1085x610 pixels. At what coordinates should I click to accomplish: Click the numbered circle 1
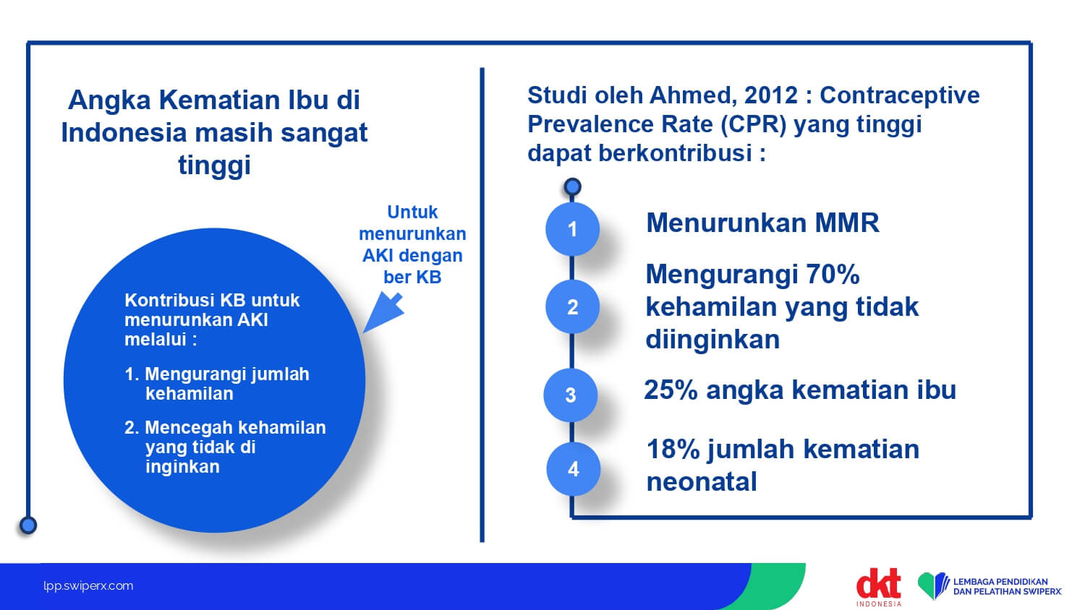[572, 229]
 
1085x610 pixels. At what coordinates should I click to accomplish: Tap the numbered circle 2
[572, 307]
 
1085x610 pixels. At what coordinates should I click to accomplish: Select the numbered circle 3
[571, 395]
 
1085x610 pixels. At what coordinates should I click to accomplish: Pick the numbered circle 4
[573, 468]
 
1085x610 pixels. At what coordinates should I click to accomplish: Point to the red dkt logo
[878, 584]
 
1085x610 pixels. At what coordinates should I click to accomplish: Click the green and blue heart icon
[932, 585]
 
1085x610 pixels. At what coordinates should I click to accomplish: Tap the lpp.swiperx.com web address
[88, 586]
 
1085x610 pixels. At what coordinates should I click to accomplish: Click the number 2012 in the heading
[770, 95]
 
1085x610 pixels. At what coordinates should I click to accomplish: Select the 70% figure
[833, 275]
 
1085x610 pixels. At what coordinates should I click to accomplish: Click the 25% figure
[671, 390]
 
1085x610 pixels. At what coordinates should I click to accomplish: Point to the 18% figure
[673, 450]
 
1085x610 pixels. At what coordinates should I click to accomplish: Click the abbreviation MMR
[847, 223]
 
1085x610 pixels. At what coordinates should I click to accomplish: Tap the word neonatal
[702, 482]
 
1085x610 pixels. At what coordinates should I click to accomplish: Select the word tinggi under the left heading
[214, 166]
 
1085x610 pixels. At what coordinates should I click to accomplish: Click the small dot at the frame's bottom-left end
[28, 525]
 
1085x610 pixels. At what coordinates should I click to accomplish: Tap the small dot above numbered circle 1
[573, 187]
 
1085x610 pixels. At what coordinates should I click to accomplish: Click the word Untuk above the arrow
[412, 212]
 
